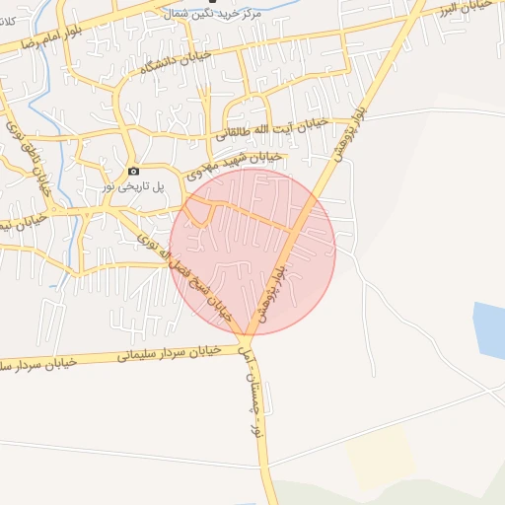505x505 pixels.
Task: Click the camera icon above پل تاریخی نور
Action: tap(134, 171)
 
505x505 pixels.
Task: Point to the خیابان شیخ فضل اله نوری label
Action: tap(186, 275)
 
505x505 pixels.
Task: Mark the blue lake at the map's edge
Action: tap(490, 329)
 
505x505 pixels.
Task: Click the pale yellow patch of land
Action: tap(395, 449)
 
